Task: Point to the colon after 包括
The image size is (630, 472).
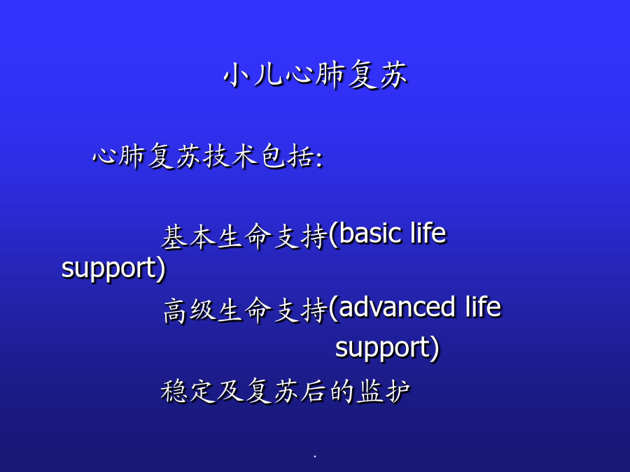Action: click(319, 159)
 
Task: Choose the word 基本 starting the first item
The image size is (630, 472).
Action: click(188, 236)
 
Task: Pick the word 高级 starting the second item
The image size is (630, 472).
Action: click(190, 310)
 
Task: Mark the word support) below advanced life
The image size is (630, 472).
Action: click(387, 348)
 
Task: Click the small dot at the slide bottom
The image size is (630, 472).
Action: click(315, 457)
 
